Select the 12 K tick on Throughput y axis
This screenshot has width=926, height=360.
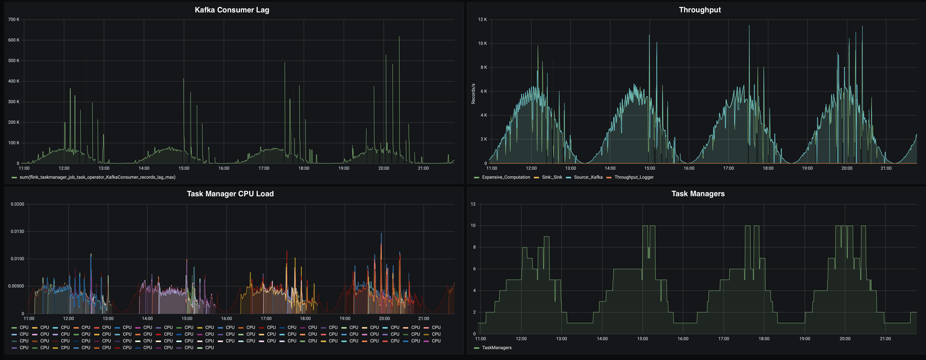[x=482, y=19]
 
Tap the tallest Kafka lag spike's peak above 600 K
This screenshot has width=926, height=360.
[x=399, y=37]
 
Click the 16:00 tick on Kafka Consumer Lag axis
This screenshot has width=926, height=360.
[x=224, y=168]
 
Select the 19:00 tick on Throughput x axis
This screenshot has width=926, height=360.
[x=807, y=168]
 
